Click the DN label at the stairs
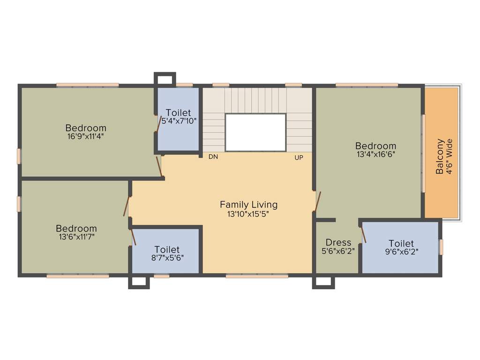coord(213,157)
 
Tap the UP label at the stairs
coord(299,157)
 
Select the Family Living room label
coord(248,204)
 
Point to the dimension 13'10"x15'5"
coord(248,214)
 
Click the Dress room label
coord(338,242)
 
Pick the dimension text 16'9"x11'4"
coord(86,137)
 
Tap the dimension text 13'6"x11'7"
coord(76,237)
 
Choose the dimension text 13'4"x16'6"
coord(375,154)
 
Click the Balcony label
coord(440,157)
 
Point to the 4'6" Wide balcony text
coord(450,157)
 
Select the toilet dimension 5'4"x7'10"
coord(178,121)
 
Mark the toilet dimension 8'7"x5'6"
coord(167,258)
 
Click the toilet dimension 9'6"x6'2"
coord(401,251)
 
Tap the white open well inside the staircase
coord(255,132)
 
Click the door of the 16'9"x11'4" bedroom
coord(160,167)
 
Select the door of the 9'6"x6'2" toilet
coord(363,234)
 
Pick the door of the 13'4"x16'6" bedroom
coord(318,202)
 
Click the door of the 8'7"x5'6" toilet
coord(133,237)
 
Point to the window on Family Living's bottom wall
coord(257,276)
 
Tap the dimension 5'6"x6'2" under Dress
coord(338,251)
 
